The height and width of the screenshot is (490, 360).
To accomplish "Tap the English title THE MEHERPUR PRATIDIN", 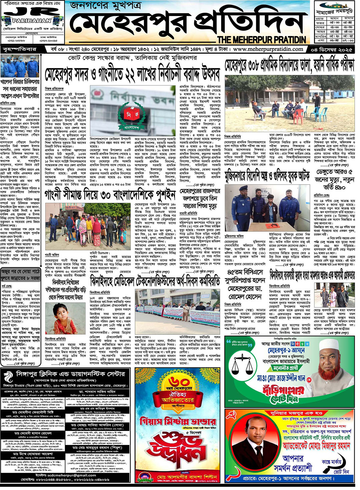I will [x=262, y=40].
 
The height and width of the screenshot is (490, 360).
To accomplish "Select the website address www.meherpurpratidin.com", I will [x=268, y=49].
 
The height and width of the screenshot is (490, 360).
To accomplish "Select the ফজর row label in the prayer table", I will [x=320, y=23].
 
